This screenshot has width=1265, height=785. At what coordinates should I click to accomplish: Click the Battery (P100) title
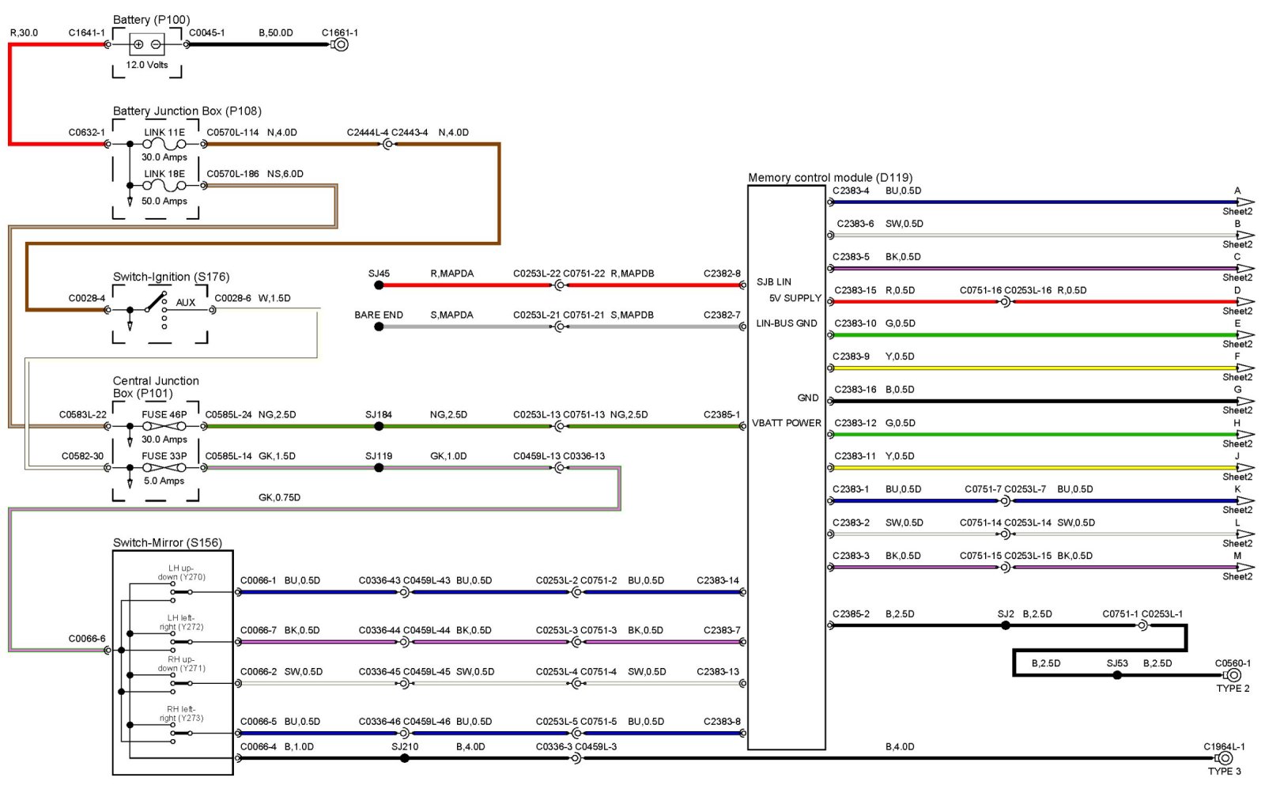[151, 20]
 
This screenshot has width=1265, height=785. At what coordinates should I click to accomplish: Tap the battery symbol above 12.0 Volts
[147, 44]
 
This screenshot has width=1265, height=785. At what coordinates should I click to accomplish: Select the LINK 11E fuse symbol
[164, 145]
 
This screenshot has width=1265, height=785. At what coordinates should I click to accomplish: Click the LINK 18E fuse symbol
[164, 186]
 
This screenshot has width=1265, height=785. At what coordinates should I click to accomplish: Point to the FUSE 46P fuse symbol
[164, 426]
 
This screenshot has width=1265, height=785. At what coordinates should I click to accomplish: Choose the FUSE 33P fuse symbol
[164, 468]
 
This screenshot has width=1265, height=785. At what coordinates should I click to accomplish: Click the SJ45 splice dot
[379, 285]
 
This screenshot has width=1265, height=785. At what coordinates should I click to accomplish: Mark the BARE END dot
[379, 326]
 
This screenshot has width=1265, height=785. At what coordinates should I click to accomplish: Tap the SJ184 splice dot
[379, 426]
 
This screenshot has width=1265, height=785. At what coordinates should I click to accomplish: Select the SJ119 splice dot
[379, 468]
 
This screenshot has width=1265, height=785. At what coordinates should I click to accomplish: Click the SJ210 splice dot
[405, 758]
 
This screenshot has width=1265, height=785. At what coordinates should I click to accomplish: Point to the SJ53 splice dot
[1117, 675]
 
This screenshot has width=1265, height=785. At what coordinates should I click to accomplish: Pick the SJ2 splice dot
[1006, 625]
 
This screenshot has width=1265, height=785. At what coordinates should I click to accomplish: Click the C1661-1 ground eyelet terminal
[341, 44]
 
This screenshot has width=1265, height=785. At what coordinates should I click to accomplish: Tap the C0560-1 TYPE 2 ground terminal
[1233, 675]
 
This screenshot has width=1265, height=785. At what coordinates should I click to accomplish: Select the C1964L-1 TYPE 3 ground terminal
[1225, 758]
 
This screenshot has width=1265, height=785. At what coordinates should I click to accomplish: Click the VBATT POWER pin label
[786, 423]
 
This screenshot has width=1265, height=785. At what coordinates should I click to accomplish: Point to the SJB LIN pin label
[773, 281]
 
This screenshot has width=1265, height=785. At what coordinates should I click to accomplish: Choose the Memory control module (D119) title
[830, 178]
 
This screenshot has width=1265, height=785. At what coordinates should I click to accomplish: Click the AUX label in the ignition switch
[185, 302]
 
